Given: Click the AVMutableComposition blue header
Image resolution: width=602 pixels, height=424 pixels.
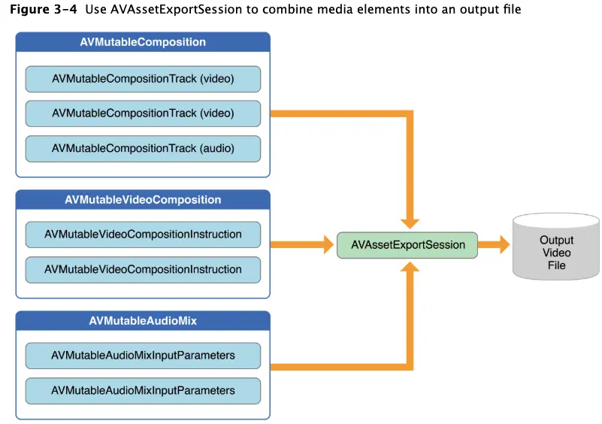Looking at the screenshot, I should (143, 42).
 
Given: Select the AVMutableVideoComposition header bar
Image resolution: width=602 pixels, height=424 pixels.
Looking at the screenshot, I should (143, 200).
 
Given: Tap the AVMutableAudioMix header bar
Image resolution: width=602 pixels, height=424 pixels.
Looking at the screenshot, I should (143, 322).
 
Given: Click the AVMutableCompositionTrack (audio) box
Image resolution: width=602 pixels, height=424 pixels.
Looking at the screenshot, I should (143, 149).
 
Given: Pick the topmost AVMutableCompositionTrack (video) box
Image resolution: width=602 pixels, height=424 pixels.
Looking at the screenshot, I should (143, 78).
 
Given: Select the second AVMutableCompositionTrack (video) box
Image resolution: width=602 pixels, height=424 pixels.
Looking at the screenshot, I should (143, 114).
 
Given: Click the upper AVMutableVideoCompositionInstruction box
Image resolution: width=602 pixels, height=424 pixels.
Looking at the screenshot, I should (143, 235).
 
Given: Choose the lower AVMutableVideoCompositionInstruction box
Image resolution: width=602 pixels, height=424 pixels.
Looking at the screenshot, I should (143, 269).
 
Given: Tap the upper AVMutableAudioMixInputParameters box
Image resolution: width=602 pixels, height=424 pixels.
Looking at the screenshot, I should (143, 356).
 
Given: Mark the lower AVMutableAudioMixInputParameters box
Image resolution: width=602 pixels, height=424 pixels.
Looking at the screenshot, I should (143, 391).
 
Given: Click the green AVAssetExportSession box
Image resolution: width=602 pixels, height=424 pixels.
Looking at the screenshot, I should (407, 245).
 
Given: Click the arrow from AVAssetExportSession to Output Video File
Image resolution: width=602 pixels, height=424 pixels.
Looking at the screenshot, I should (494, 245).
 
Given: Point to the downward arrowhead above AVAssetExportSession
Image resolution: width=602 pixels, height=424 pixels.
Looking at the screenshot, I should (410, 221).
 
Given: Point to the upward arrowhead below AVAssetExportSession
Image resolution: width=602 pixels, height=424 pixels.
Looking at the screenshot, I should (410, 269).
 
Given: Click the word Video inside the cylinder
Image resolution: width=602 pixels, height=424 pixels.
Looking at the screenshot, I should (556, 253).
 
